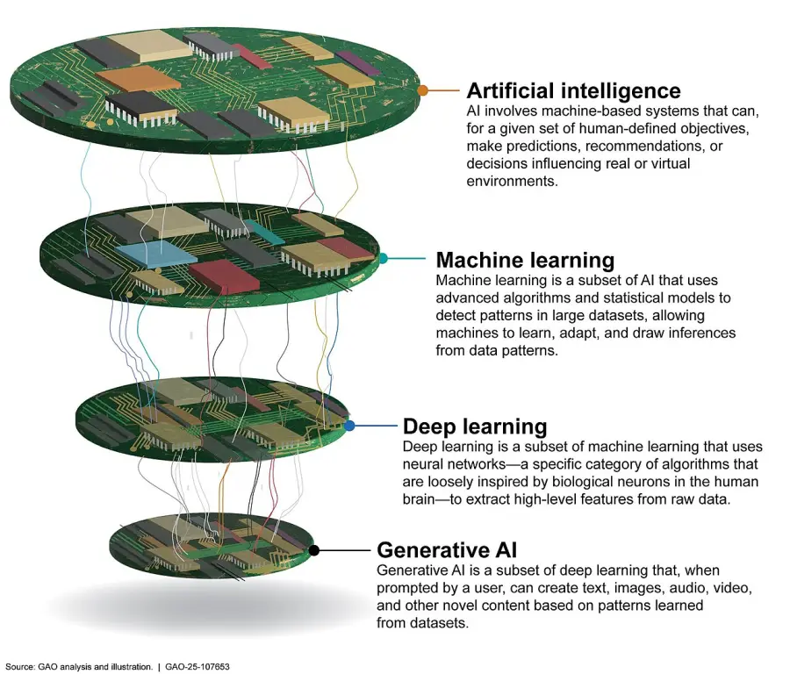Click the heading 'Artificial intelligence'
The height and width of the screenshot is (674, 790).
573,91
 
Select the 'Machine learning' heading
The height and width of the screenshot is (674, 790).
525,260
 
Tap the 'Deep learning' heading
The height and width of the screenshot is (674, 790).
475,427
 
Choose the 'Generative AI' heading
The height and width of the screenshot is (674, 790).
447,550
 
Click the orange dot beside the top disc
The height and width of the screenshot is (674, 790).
423,90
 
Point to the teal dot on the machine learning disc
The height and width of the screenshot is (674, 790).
383,258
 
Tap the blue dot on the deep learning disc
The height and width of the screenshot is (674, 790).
349,427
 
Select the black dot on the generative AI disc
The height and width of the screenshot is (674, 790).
314,550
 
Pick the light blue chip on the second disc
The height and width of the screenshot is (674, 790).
155,252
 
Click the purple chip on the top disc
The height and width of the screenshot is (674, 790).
358,62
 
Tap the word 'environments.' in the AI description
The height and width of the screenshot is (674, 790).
512,182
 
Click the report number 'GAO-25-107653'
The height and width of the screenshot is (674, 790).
197,667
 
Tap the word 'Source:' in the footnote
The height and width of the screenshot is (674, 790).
20,667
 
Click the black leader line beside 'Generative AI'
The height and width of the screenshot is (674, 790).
345,550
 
